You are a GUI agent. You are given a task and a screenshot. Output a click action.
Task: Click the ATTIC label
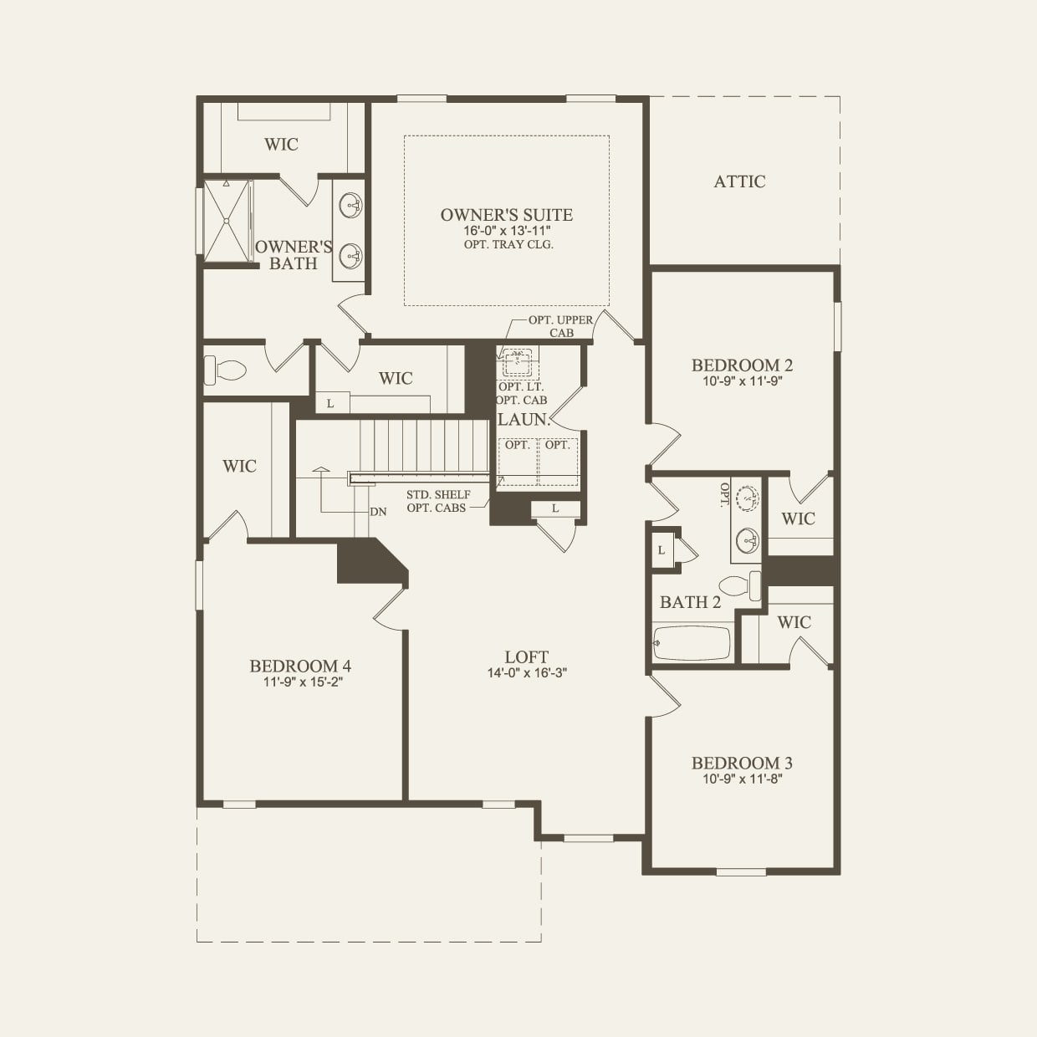[x=739, y=181]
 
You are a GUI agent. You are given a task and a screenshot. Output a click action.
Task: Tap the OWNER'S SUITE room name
[x=507, y=215]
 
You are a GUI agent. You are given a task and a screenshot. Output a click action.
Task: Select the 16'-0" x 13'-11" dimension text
[x=507, y=231]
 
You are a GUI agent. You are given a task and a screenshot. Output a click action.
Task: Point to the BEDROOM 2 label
[x=742, y=365]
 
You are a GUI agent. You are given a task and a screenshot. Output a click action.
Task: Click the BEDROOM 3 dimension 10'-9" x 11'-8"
[x=742, y=779]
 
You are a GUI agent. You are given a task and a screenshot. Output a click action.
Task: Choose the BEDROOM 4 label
[x=300, y=667]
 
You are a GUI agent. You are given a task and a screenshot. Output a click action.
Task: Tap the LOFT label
[x=527, y=657]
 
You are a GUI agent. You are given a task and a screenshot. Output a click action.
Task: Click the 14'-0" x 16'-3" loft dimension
[x=527, y=672]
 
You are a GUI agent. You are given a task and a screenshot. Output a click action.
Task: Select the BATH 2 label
[x=690, y=602]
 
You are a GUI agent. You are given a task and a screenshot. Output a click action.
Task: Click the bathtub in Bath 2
[x=692, y=643]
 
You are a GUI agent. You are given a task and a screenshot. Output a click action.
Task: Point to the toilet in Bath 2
[x=740, y=584]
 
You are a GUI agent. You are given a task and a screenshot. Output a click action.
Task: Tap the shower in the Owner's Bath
[x=227, y=222]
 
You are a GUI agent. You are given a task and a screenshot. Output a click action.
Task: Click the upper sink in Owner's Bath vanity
[x=351, y=203]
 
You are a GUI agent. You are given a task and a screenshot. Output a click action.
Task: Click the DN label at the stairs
[x=379, y=511]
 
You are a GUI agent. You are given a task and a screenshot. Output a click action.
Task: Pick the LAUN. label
[x=524, y=420]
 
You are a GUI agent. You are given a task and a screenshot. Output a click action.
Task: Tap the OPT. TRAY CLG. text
[x=508, y=244]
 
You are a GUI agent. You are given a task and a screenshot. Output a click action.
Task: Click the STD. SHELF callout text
[x=438, y=495]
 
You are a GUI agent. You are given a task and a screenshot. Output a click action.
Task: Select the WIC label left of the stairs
[x=239, y=466]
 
